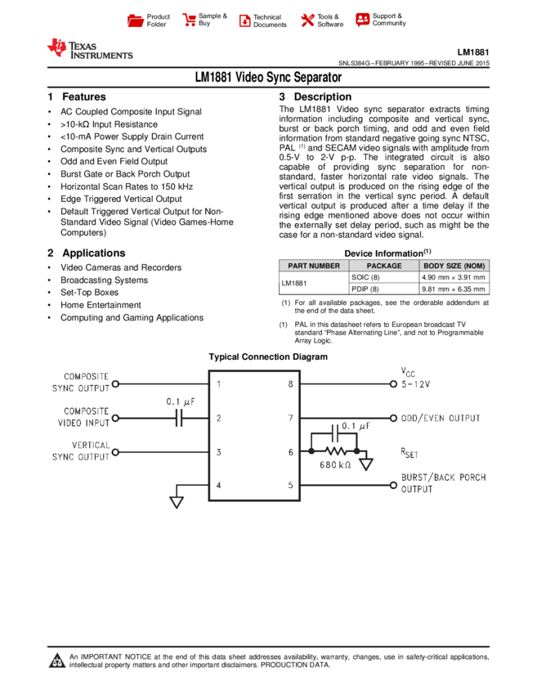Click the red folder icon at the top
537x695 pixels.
pyautogui.click(x=136, y=21)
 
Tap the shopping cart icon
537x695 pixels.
pyautogui.click(x=190, y=20)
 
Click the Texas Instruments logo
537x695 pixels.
pyautogui.click(x=89, y=49)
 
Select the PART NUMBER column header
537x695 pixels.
pyautogui.click(x=314, y=266)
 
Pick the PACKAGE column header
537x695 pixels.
pyautogui.click(x=384, y=266)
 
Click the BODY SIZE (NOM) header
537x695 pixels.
pyautogui.click(x=454, y=266)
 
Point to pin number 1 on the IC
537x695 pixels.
pyautogui.click(x=218, y=383)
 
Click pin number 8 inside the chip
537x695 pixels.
pyautogui.click(x=290, y=383)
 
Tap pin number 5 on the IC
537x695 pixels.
pyautogui.click(x=290, y=485)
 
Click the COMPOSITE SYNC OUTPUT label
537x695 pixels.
pyautogui.click(x=81, y=383)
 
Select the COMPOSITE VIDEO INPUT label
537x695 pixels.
pyautogui.click(x=83, y=417)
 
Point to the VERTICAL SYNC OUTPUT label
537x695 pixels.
pyautogui.click(x=81, y=451)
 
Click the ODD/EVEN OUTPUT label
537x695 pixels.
pyautogui.click(x=441, y=419)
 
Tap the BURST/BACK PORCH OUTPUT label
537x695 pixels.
pyautogui.click(x=443, y=483)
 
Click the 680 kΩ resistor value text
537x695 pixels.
pyautogui.click(x=335, y=465)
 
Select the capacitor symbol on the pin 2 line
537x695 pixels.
pyautogui.click(x=179, y=418)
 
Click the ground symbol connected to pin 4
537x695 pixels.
pyautogui.click(x=177, y=500)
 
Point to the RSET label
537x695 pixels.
pyautogui.click(x=409, y=452)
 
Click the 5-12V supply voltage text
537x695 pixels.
pyautogui.click(x=416, y=384)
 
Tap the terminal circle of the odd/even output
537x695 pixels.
pyautogui.click(x=394, y=418)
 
